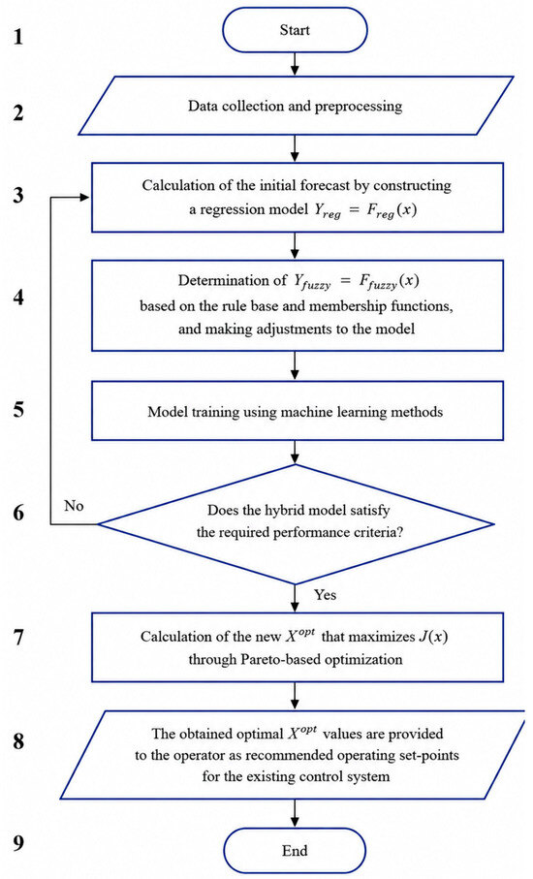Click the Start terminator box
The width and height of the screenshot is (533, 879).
point(296,30)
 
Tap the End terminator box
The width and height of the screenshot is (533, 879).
point(296,850)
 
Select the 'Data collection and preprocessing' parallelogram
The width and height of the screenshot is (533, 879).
point(296,106)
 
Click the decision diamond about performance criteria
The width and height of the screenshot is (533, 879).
point(296,524)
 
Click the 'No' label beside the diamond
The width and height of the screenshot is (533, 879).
point(74,506)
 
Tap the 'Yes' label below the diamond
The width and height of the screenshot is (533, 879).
point(325,595)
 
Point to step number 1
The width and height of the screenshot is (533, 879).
point(19,37)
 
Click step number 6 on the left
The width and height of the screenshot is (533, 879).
point(19,513)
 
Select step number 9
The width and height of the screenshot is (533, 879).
point(19,844)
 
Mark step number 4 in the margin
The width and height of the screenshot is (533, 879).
point(19,298)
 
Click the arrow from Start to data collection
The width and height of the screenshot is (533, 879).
point(296,64)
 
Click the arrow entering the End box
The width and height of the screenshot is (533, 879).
point(296,813)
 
